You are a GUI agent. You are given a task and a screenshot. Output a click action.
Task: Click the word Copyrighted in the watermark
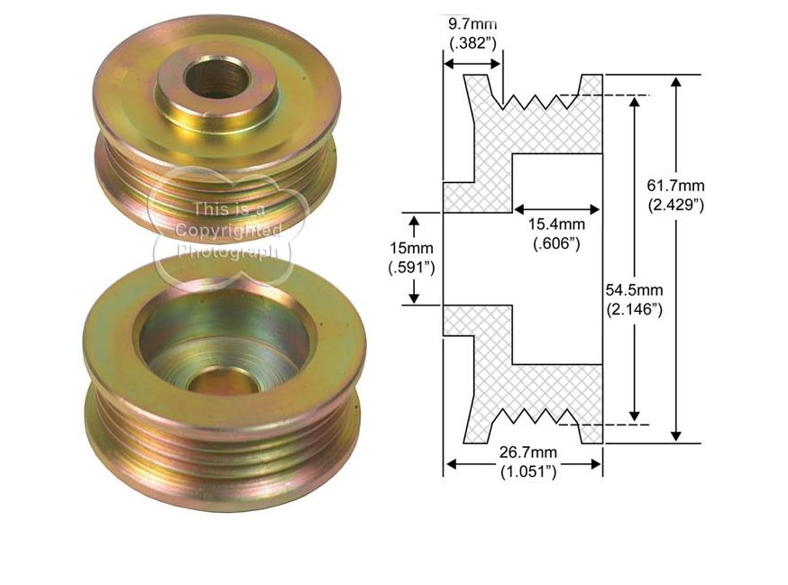(228, 231)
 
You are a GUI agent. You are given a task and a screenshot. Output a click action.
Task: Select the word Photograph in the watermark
(228, 251)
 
